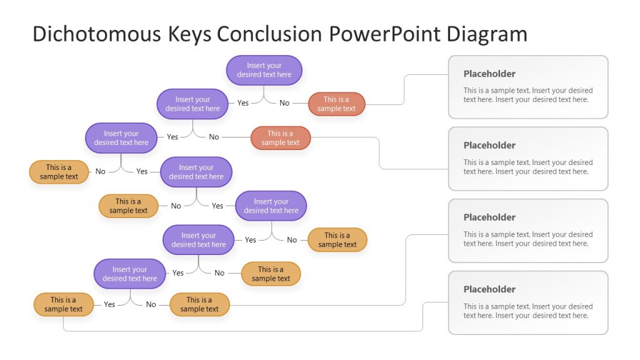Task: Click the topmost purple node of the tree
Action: [x=264, y=70]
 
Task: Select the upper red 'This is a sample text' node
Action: [x=336, y=104]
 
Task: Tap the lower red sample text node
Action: [x=281, y=138]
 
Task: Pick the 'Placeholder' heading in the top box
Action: [x=489, y=74]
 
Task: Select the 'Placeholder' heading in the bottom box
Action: [x=489, y=289]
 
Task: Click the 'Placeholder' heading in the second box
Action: [x=489, y=146]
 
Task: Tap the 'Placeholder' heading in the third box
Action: [x=489, y=217]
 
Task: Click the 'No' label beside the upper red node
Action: [x=284, y=103]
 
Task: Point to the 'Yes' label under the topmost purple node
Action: [x=243, y=103]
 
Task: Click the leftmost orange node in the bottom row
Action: [x=63, y=304]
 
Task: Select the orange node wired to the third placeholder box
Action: [x=199, y=304]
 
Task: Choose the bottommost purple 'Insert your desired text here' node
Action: [x=130, y=274]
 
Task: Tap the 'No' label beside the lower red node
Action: [x=214, y=137]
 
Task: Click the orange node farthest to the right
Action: [x=337, y=240]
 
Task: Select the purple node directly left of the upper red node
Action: [x=192, y=104]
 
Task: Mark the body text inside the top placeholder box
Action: [x=527, y=95]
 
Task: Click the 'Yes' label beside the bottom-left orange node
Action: [x=109, y=304]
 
